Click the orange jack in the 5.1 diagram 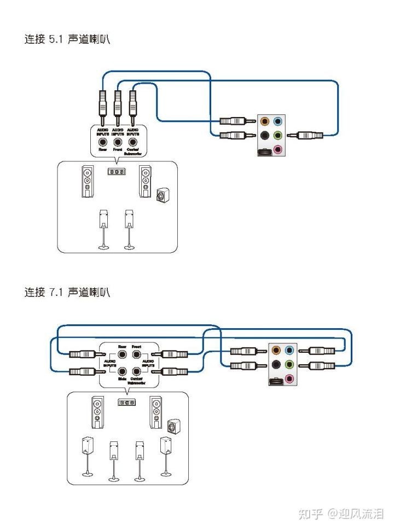265,121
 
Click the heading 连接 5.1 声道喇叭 67,40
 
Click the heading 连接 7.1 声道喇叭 67,292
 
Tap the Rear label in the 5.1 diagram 102,149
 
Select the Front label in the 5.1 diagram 117,149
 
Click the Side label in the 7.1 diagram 123,378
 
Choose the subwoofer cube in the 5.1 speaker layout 162,195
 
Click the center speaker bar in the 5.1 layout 115,172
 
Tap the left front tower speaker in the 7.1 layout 97,411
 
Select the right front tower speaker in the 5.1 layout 145,182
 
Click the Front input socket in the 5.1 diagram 117,141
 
